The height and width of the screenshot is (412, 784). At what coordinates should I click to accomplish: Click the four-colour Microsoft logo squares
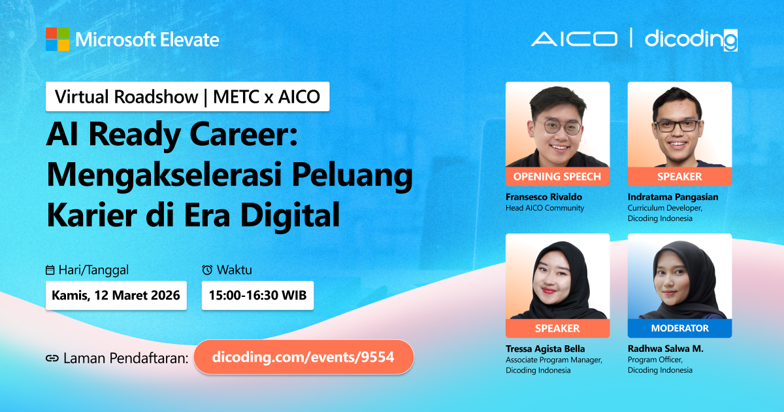click(57, 39)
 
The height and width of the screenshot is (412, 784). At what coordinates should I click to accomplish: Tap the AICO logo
click(574, 39)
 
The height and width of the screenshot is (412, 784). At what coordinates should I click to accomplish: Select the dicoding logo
click(691, 40)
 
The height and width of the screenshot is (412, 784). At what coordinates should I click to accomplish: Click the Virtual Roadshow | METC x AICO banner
click(188, 97)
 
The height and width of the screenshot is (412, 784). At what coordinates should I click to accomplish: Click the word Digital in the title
click(290, 215)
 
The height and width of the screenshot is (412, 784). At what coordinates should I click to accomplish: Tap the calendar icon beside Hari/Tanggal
click(50, 270)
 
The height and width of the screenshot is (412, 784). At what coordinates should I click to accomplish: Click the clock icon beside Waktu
click(207, 269)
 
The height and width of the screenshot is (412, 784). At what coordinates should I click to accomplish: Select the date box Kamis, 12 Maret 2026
click(116, 296)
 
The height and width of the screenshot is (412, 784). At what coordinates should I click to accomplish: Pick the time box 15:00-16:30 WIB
click(257, 296)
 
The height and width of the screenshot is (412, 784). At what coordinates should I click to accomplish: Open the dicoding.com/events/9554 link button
click(304, 357)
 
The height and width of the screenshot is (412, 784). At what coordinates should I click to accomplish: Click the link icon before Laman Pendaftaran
click(52, 358)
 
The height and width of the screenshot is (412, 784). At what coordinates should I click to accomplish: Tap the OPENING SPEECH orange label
click(557, 177)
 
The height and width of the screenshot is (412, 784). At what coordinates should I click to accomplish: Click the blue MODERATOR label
click(679, 328)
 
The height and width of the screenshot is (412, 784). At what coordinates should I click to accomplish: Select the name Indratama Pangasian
click(673, 197)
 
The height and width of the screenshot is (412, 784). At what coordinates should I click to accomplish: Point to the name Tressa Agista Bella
click(546, 349)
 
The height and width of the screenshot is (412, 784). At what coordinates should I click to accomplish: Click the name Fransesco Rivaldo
click(544, 197)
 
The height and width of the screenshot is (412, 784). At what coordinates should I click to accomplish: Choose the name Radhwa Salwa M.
click(665, 349)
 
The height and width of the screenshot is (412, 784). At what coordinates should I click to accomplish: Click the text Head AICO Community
click(545, 208)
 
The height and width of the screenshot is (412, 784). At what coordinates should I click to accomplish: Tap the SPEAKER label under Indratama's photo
click(679, 177)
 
